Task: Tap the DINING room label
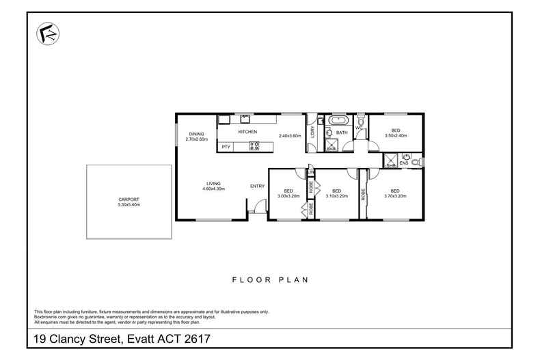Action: tap(196, 134)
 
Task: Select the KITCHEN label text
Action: tap(247, 131)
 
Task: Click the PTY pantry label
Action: tap(226, 146)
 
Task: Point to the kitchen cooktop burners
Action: tap(254, 145)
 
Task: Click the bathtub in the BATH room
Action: tap(338, 120)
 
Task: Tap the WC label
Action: tap(359, 127)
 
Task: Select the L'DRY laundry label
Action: tap(312, 132)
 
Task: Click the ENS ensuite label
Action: tap(404, 163)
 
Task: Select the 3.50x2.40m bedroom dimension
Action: tap(396, 135)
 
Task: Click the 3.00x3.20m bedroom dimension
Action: tap(288, 195)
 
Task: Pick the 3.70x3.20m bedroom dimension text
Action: tap(395, 195)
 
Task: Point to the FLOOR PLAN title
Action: tap(270, 279)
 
